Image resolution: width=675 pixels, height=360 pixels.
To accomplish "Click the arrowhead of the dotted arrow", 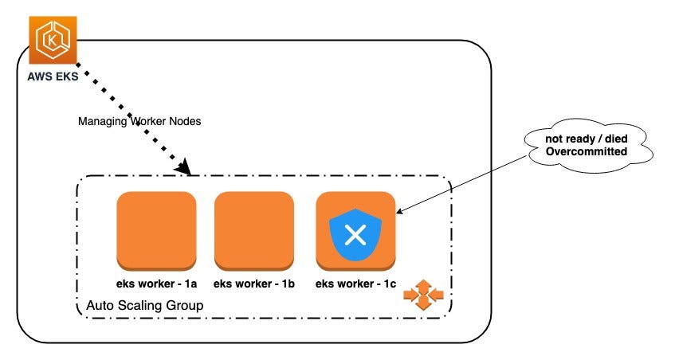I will (x=186, y=169).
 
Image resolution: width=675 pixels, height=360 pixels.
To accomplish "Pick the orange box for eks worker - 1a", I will (x=156, y=231).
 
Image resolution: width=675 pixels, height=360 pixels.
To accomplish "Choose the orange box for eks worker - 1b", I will (x=254, y=231).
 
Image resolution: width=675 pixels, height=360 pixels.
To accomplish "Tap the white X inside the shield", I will (x=356, y=234).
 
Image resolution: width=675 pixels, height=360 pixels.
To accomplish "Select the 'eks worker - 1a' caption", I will (x=156, y=283).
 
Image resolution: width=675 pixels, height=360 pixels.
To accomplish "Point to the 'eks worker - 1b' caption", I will (x=254, y=283).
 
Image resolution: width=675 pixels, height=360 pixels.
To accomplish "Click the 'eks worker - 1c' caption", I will (x=355, y=283).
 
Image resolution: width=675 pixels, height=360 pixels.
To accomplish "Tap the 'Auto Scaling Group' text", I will (x=144, y=305).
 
